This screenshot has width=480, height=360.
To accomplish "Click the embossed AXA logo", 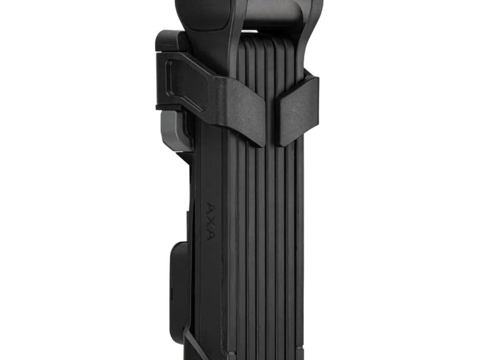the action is click(211, 221).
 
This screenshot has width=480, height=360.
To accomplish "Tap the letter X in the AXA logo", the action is click(211, 221).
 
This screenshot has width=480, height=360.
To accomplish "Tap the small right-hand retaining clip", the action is click(296, 109).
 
